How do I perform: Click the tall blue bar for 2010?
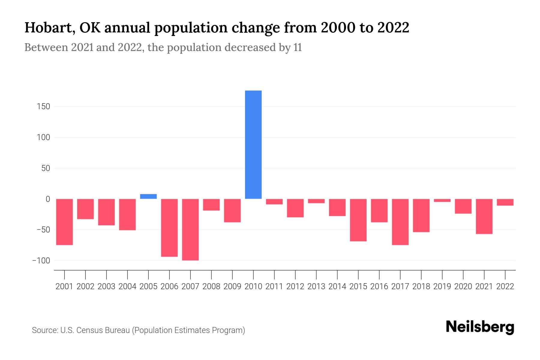253,145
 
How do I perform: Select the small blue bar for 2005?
148,196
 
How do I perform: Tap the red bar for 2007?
190,229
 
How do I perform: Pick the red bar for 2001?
64,222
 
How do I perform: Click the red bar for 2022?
505,202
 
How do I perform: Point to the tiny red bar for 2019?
442,200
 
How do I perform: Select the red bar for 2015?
358,220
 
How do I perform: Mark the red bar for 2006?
169,228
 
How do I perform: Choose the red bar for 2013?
316,201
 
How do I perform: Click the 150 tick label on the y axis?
44,106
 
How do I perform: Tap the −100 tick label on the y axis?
41,260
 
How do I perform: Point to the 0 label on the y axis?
48,199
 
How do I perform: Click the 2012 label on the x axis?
295,286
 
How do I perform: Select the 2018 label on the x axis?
421,286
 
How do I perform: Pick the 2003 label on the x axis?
106,286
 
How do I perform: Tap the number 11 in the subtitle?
298,48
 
